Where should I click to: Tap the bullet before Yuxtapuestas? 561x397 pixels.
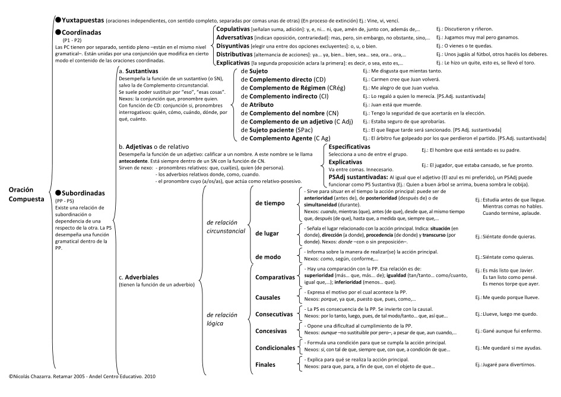tap(58, 20)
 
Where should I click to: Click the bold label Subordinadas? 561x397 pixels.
tap(86, 193)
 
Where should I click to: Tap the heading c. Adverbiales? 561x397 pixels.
tap(142, 277)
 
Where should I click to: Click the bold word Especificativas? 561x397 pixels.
tap(349, 147)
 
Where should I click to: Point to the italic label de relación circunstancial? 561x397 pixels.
tap(225, 226)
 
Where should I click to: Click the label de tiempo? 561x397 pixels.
tap(270, 203)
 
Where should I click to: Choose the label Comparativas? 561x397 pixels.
tap(274, 277)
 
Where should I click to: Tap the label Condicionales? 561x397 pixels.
tap(274, 348)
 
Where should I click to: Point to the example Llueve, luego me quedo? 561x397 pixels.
tap(511, 313)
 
